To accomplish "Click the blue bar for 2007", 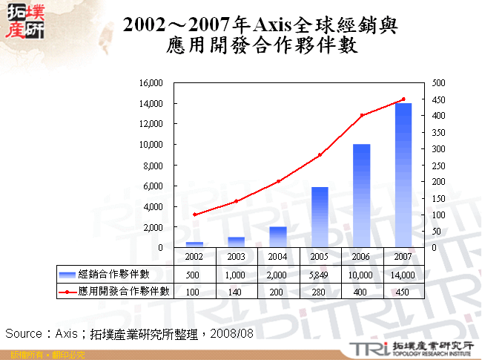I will pos(403,175).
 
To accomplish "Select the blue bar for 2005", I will pos(320,217).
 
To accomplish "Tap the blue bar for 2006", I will pos(362,195).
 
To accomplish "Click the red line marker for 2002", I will pos(194,215).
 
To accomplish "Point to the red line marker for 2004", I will pos(278,181).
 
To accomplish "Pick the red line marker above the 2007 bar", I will pos(403,99).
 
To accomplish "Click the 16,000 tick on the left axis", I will pos(150,83).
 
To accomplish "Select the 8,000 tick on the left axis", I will pos(152,165).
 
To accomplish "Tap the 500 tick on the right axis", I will pos(438,83).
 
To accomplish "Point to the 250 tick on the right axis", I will pos(438,165).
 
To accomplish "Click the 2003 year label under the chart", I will pos(236,255).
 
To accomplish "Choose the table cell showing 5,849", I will pos(320,275).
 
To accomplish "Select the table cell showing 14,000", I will pos(403,275).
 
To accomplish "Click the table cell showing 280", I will pos(320,292).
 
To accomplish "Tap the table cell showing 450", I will pos(403,292).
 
